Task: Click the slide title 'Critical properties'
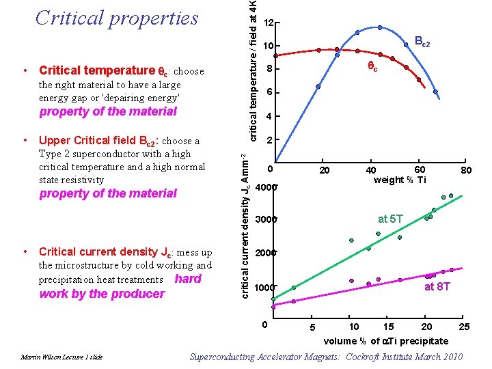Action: click(117, 18)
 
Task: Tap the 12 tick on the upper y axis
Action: click(269, 23)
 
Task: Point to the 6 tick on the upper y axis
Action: click(270, 92)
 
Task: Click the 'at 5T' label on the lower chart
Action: click(391, 219)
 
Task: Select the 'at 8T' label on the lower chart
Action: click(437, 286)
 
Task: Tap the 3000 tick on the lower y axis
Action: click(266, 220)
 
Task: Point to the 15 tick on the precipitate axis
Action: click(387, 327)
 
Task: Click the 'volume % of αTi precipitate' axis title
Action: click(386, 340)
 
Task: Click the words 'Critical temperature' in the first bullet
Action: click(97, 70)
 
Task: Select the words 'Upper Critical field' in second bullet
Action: click(88, 141)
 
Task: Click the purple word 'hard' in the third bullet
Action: click(188, 278)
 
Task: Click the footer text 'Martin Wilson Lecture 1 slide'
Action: click(61, 357)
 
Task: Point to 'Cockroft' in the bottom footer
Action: click(364, 357)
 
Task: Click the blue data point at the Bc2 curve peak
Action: click(380, 27)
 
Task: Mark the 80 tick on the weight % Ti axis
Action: click(466, 170)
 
